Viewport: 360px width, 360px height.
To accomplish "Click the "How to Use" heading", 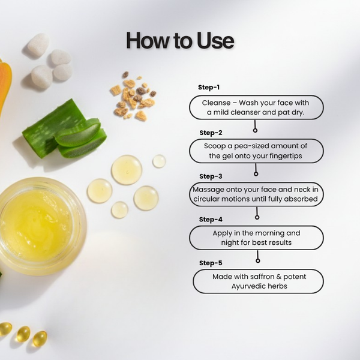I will point(180,41).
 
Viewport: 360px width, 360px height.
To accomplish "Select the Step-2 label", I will point(211,133).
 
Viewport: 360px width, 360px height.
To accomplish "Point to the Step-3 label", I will point(211,176).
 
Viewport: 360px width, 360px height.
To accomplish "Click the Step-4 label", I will point(211,220).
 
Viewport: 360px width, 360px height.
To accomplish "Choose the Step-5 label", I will point(211,263).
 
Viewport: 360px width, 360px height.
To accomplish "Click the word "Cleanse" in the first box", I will point(215,103).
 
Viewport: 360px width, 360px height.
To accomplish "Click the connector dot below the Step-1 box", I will point(255,130).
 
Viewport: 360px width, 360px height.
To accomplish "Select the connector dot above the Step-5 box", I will point(258,260).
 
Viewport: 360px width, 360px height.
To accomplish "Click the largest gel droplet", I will point(127,170).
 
